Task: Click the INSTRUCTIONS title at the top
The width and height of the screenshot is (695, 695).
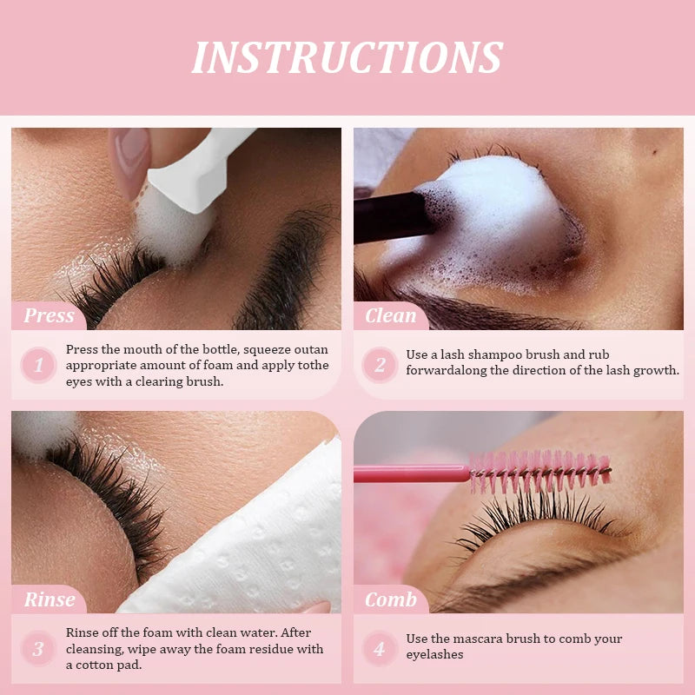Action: pos(347,57)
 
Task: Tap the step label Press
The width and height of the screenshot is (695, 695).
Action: pos(49,315)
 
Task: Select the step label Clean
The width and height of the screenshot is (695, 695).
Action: pos(390,315)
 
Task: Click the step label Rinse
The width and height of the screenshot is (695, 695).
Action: pos(49,599)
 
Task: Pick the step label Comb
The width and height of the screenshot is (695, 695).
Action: pos(390,599)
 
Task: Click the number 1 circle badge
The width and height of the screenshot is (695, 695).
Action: pos(38,366)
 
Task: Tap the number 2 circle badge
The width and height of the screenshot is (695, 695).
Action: pos(380,366)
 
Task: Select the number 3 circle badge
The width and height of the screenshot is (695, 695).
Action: pos(38,649)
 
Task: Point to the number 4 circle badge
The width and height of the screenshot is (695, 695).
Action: pos(380,649)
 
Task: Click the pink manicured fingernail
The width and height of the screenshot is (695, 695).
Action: pos(131,157)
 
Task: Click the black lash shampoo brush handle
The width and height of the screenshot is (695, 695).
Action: pos(391,217)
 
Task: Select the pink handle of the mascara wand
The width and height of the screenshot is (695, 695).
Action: pos(408,474)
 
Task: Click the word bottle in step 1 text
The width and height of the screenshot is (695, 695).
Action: pos(204,349)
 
